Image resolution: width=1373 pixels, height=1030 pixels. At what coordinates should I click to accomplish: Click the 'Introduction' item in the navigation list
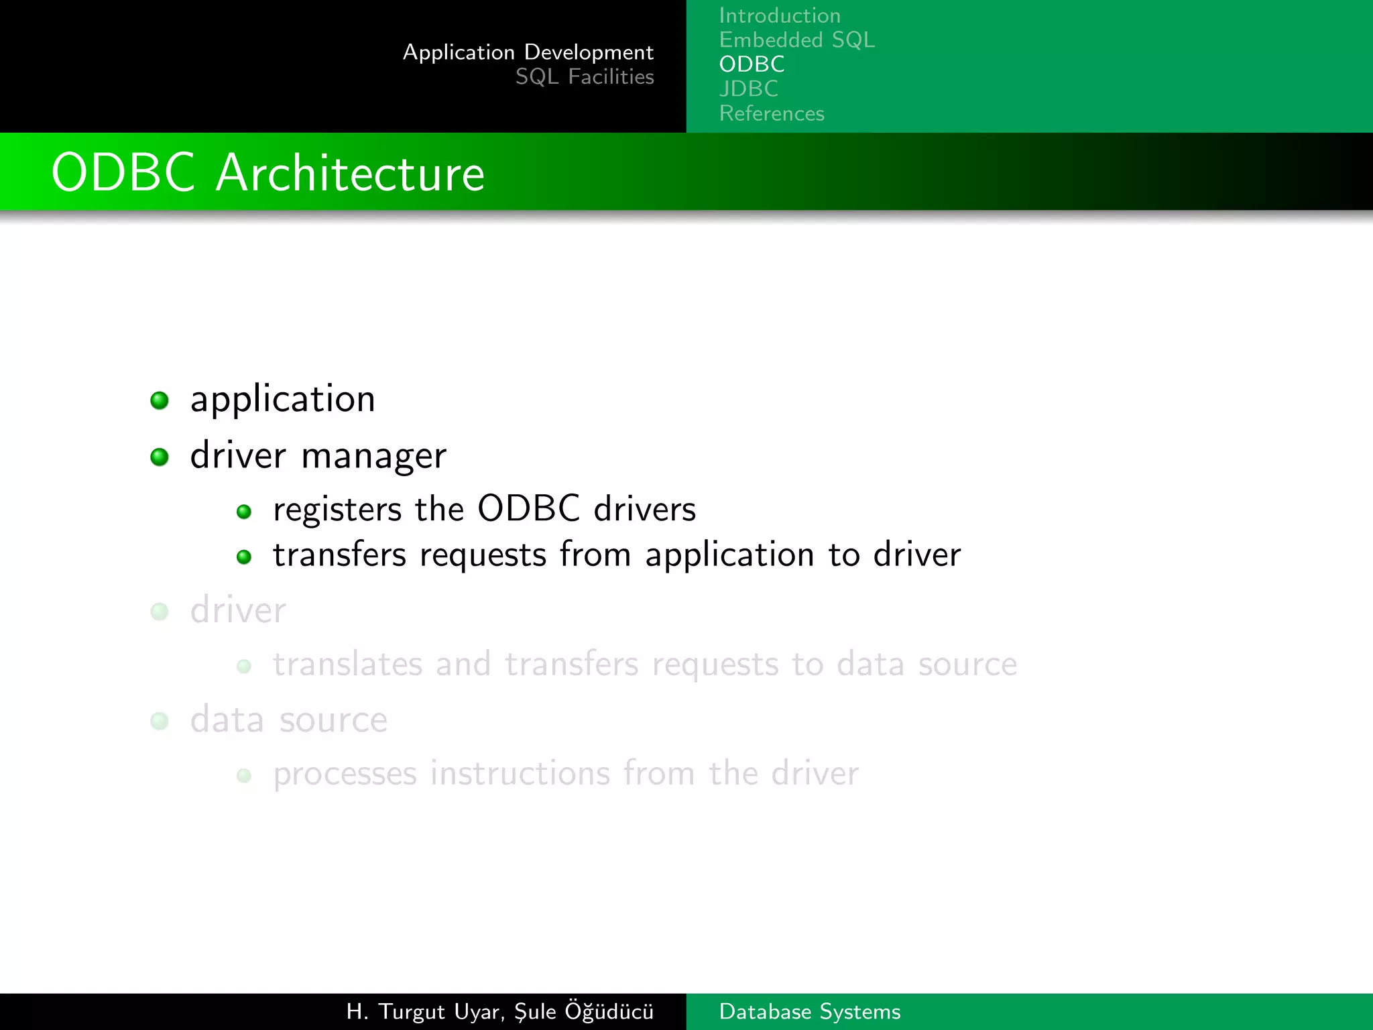pyautogui.click(x=779, y=15)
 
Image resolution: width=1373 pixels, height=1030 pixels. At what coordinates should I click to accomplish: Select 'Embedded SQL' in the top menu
pyautogui.click(x=796, y=40)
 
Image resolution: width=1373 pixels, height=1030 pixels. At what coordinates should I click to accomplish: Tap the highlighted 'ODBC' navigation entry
pyautogui.click(x=752, y=64)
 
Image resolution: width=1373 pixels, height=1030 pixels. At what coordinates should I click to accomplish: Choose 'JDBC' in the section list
pyautogui.click(x=748, y=89)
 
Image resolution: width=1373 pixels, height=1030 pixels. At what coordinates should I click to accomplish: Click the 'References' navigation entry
pyautogui.click(x=771, y=113)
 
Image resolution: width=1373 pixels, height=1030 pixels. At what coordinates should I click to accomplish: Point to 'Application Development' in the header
pyautogui.click(x=528, y=52)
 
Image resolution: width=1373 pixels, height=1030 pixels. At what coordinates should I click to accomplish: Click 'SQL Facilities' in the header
pyautogui.click(x=584, y=77)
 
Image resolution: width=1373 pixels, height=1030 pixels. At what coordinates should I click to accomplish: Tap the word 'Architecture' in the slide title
pyautogui.click(x=349, y=173)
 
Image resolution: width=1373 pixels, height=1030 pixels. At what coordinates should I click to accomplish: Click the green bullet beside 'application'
pyautogui.click(x=160, y=400)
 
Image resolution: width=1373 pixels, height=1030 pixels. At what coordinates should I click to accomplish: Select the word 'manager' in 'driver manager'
pyautogui.click(x=373, y=457)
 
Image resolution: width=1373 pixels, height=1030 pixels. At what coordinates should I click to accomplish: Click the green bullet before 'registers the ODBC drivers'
pyautogui.click(x=244, y=512)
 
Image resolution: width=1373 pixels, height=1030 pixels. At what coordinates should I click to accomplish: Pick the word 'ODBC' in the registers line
pyautogui.click(x=528, y=508)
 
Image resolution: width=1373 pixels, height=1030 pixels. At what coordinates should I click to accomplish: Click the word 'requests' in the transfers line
pyautogui.click(x=483, y=555)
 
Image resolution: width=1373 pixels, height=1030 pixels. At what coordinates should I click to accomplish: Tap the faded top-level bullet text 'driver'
pyautogui.click(x=238, y=610)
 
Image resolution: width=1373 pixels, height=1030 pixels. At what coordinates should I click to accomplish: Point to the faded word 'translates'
pyautogui.click(x=347, y=664)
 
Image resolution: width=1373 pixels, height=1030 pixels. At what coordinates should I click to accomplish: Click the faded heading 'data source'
pyautogui.click(x=288, y=720)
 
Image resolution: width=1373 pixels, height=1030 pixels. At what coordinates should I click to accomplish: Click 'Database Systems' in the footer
pyautogui.click(x=809, y=1011)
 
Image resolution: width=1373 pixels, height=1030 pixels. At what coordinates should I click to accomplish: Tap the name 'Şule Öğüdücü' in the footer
pyautogui.click(x=583, y=1011)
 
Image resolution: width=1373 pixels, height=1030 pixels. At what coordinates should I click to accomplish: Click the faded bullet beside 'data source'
pyautogui.click(x=160, y=721)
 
